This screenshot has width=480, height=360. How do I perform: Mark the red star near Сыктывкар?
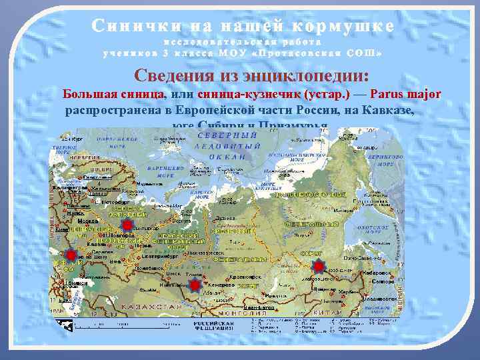(x=127, y=226)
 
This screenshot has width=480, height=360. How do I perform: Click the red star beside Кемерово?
(x=195, y=285)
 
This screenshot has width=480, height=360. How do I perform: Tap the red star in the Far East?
(x=319, y=266)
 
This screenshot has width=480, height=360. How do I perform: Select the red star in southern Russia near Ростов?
(x=71, y=254)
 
